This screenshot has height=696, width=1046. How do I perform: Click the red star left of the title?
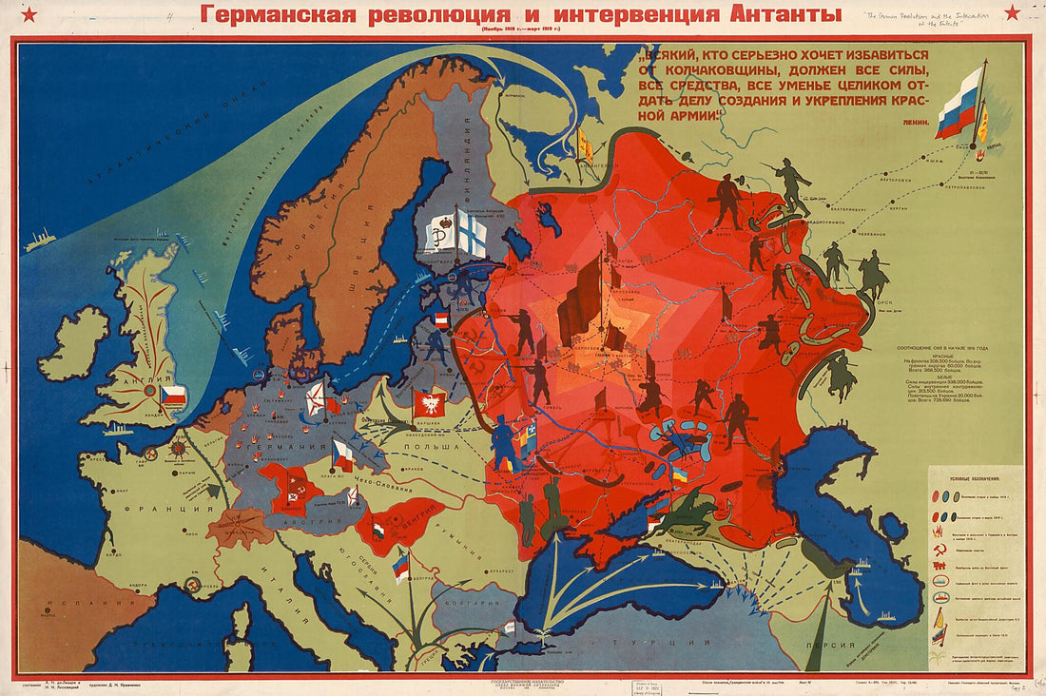28,13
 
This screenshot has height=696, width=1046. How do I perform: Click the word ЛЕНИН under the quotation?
908,122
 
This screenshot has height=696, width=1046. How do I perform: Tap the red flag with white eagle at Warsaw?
429,402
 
